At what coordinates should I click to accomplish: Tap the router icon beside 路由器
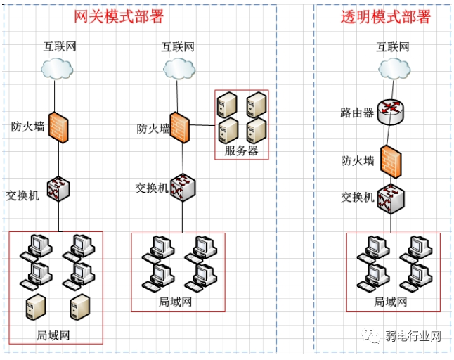pos(390,112)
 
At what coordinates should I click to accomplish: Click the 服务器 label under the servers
pos(241,150)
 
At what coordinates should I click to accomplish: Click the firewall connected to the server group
pos(180,127)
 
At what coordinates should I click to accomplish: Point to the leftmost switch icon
pos(58,188)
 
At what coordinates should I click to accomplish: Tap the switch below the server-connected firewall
pos(183,187)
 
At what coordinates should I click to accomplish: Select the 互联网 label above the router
pos(392,47)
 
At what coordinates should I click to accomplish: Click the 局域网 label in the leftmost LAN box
pos(53,335)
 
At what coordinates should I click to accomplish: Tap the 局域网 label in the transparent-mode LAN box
pos(391,302)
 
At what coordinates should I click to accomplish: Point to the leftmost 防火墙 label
pos(27,127)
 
